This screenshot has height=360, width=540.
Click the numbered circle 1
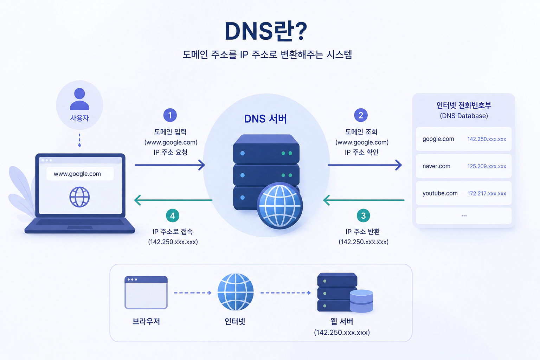pos(170,115)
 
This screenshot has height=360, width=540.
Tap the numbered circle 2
pos(361,115)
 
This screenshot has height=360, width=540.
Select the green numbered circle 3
pos(363,216)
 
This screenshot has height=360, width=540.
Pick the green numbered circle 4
pos(172,216)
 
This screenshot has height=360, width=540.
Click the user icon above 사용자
pos(79,99)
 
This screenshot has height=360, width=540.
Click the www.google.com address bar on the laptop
pos(80,174)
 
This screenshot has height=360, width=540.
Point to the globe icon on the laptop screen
pos(79,197)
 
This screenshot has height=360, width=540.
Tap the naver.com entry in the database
pos(436,166)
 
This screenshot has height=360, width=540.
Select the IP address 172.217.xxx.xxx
pos(487,193)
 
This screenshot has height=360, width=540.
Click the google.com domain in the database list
pos(438,139)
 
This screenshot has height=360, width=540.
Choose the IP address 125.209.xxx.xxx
pos(487,166)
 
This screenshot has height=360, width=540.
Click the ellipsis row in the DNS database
pos(464,216)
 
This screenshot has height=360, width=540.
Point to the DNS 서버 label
pos(265,119)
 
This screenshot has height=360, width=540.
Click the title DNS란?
pos(266,31)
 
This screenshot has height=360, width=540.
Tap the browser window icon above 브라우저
pos(146,292)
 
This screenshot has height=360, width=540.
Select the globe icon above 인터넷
pos(236,292)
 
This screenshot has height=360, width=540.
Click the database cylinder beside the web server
pos(361,301)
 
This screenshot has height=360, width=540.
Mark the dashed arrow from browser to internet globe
pos(193,293)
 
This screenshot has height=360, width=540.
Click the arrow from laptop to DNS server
pos(170,165)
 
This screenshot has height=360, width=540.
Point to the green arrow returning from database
pos(364,200)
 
